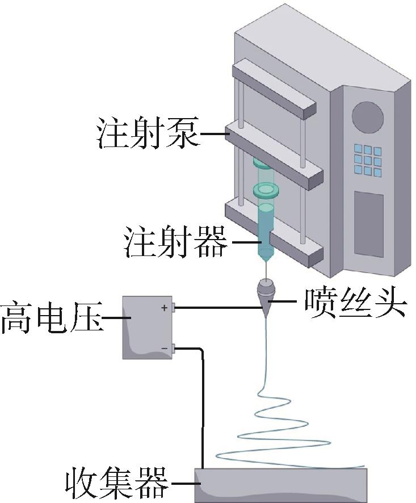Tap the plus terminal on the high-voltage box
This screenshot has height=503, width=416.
coord(175,308)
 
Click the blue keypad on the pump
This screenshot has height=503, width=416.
coord(368,159)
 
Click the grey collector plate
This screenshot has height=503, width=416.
coord(281,484)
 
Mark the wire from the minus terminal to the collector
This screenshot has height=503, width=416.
coord(202,409)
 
